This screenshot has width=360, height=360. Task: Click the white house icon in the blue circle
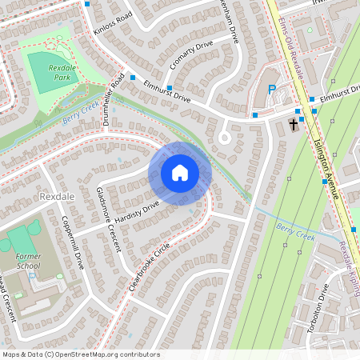[180, 173]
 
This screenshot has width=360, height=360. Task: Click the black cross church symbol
[294, 124]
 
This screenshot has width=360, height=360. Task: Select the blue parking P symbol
[271, 90]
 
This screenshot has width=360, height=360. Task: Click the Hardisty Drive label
[138, 214]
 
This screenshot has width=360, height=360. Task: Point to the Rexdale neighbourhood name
[55, 196]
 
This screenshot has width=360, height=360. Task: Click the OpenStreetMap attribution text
[80, 354]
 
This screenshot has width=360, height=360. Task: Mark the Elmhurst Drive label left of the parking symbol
[167, 97]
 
